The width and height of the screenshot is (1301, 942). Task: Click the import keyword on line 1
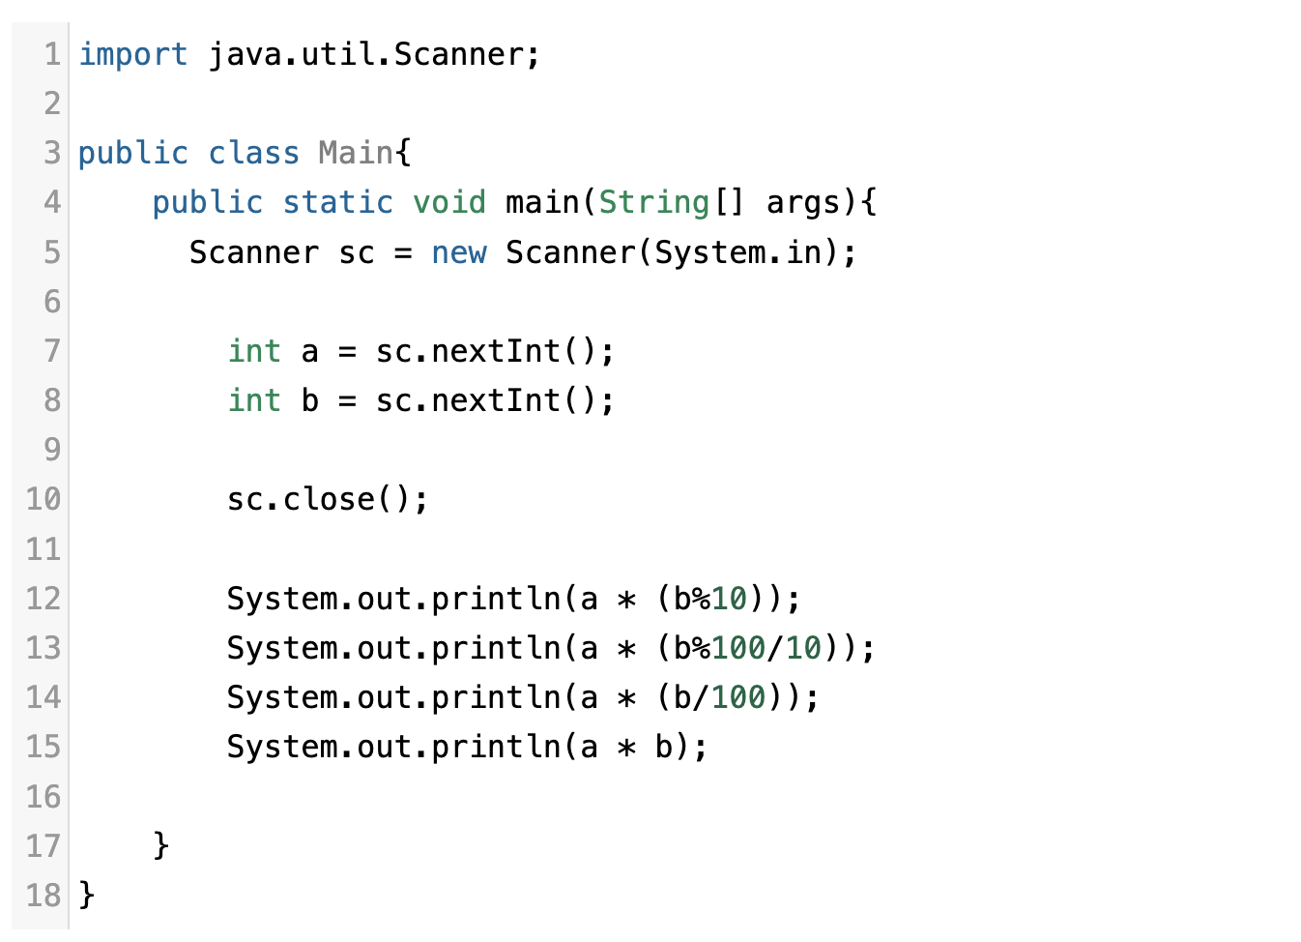click(132, 55)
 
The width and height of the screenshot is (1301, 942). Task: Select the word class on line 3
click(254, 154)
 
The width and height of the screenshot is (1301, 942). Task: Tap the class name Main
click(356, 154)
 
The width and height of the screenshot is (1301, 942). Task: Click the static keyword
click(337, 203)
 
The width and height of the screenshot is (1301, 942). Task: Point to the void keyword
click(449, 203)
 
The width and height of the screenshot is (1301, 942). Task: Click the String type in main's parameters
click(654, 203)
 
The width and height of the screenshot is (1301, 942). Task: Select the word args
click(802, 203)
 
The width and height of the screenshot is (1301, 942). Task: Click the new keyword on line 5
click(459, 253)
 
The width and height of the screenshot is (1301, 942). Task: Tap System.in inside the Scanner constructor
click(738, 253)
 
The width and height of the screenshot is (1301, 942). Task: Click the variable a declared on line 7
click(309, 352)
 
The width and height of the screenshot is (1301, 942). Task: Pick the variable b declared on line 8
click(309, 401)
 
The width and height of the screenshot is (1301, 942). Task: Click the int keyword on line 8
click(254, 401)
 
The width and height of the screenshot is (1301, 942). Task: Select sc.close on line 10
click(301, 500)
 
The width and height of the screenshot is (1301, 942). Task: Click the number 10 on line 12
click(730, 600)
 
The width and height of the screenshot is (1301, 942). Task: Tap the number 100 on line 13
click(738, 649)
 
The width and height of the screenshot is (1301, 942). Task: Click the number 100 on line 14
click(738, 698)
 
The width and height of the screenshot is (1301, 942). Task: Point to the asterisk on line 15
click(627, 749)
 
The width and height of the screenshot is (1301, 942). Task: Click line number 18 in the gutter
click(43, 896)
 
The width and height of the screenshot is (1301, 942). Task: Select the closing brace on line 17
click(160, 846)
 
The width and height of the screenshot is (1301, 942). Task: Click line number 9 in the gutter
click(52, 451)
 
